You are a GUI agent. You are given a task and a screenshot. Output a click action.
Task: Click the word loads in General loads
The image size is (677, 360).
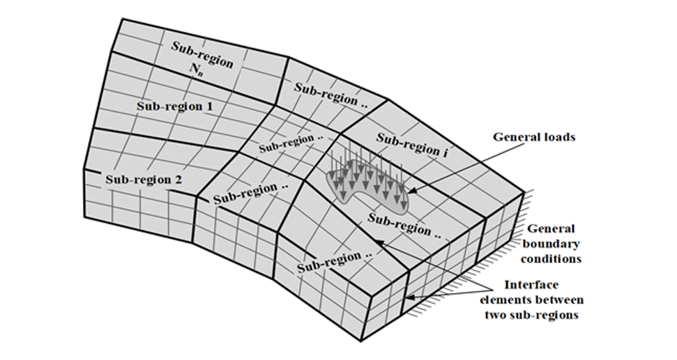coord(555,137)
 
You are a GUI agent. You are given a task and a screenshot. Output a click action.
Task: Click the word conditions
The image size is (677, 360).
coord(555,258)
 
